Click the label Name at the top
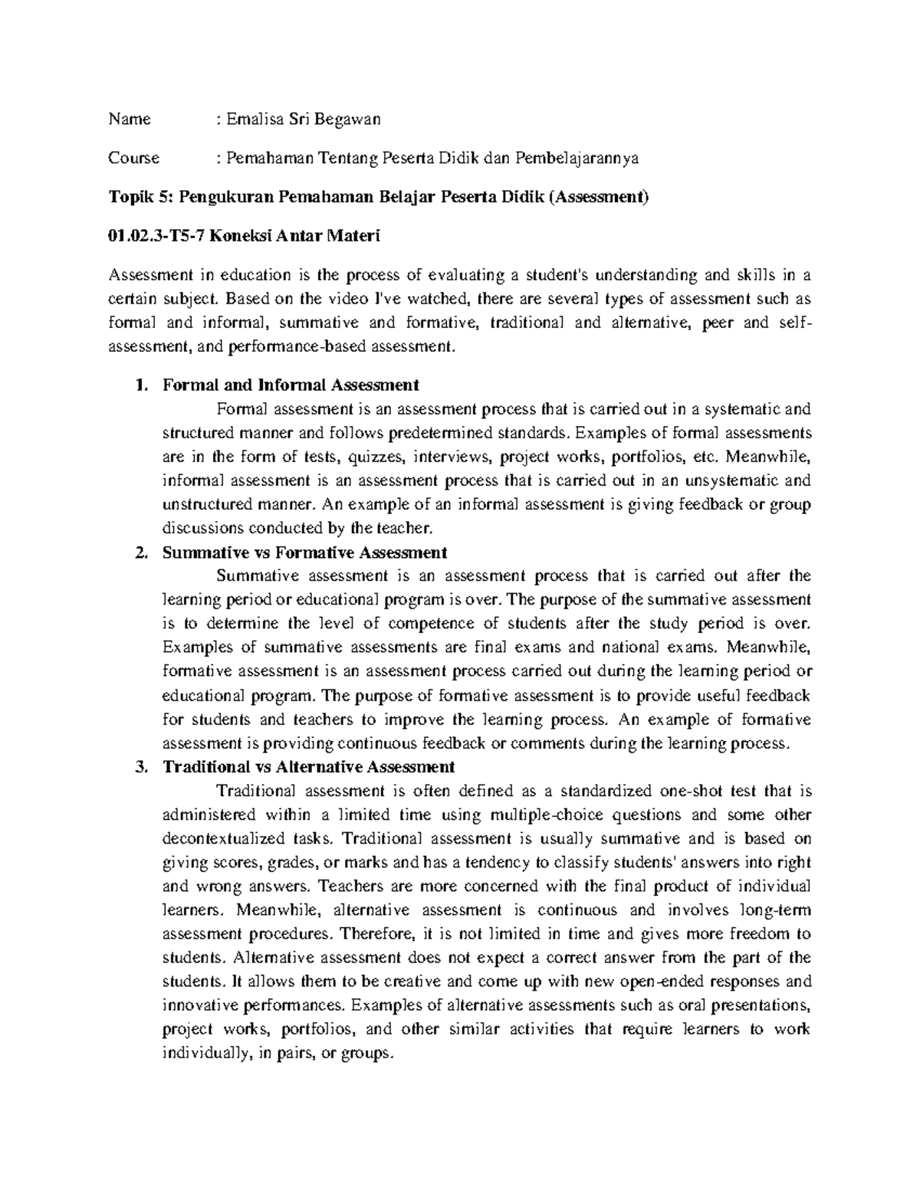pos(130,119)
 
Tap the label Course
pos(134,158)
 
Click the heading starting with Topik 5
pos(379,198)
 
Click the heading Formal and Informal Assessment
pos(291,385)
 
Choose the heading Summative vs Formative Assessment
pos(304,552)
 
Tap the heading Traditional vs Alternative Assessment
pos(309,767)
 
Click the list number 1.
pos(139,385)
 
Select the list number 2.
pos(139,552)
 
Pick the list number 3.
pos(139,767)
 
